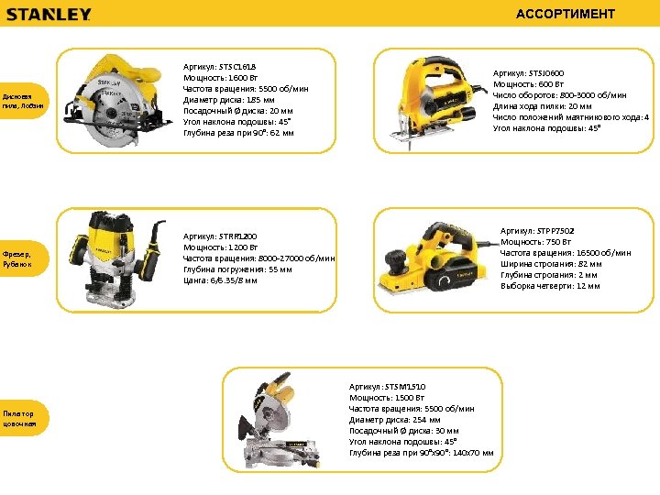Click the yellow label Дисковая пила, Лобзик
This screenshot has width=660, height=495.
(23, 99)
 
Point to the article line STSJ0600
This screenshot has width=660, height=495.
(529, 72)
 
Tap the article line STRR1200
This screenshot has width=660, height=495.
(220, 236)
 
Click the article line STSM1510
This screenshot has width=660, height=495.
(387, 387)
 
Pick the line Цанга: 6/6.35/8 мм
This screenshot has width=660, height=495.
(220, 280)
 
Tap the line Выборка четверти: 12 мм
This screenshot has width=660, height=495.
(550, 286)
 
